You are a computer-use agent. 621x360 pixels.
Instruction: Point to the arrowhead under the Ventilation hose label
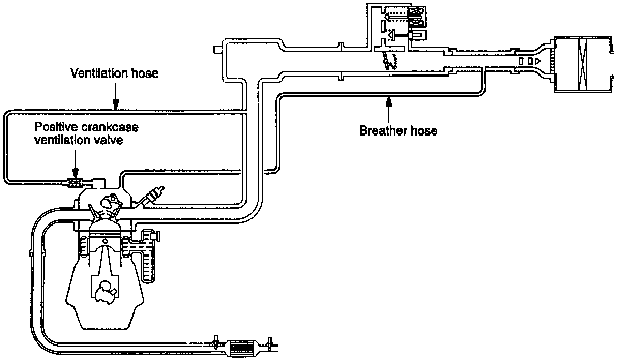(115, 106)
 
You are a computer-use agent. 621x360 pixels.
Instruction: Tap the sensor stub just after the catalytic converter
(269, 342)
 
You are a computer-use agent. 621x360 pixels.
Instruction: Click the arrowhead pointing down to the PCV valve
(76, 174)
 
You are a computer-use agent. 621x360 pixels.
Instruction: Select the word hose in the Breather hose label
(424, 131)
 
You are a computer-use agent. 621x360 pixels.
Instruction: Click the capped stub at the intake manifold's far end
(216, 49)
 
